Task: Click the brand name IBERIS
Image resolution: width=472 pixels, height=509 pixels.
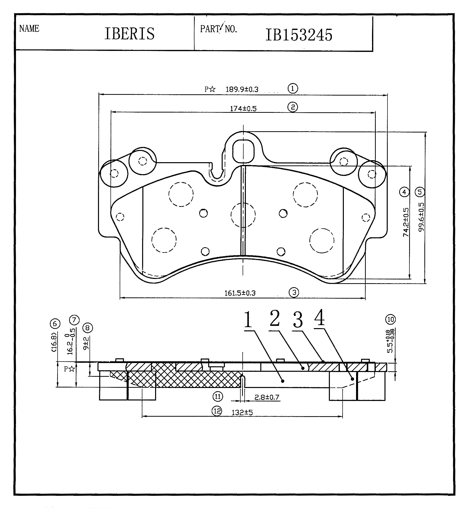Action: click(129, 33)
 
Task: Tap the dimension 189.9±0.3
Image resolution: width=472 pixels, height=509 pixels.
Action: click(242, 89)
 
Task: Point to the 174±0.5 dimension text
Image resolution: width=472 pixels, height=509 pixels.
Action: click(243, 109)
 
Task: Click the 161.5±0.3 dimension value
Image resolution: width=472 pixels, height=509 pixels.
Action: click(240, 293)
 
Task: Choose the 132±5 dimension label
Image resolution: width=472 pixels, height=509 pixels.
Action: click(242, 412)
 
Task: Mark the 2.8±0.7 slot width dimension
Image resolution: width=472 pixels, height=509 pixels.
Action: click(267, 397)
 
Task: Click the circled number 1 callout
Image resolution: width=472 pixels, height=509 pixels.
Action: click(293, 88)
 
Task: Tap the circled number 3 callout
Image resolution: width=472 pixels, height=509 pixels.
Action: click(294, 292)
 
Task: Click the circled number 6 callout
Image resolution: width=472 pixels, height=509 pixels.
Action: click(55, 324)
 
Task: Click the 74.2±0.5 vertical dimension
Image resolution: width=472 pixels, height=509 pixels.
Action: click(406, 222)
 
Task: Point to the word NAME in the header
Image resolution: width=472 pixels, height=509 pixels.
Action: click(29, 29)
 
